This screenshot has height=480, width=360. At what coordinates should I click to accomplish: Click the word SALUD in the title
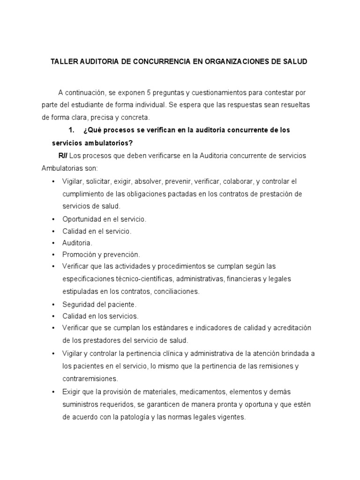pos(295,62)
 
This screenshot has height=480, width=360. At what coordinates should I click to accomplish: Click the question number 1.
pos(72,130)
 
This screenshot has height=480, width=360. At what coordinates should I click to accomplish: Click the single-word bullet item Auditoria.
pos(77,243)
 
